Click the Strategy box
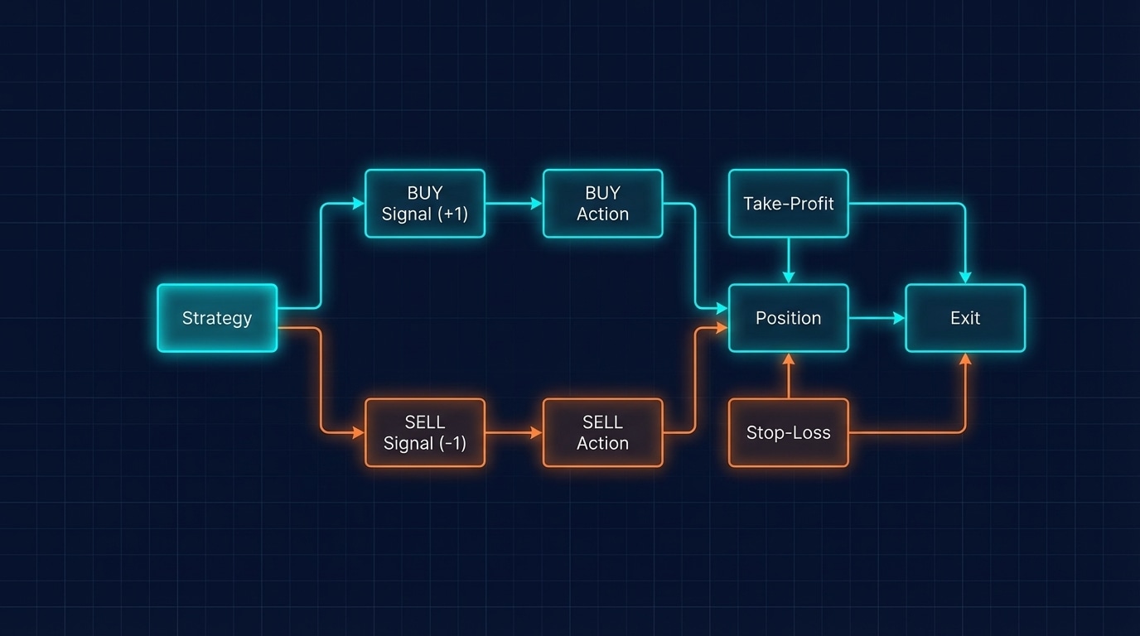[217, 318]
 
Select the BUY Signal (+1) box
[424, 204]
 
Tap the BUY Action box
[602, 204]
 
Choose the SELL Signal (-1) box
[424, 433]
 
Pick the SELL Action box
[602, 433]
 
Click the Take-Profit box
[789, 204]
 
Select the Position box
[789, 318]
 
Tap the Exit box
[965, 318]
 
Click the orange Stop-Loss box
[789, 433]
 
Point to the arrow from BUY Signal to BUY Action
[514, 204]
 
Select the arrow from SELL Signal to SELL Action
[514, 433]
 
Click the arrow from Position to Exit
[877, 318]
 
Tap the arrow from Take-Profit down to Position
[789, 260]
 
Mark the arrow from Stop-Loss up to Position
[789, 376]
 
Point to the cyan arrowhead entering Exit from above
[965, 277]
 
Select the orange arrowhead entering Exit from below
[965, 359]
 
